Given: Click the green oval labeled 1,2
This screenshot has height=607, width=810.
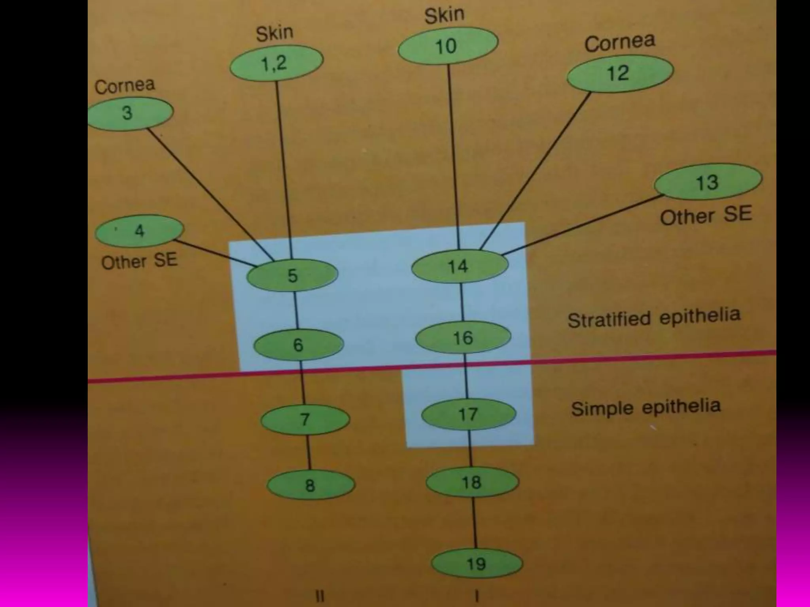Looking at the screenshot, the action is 276,63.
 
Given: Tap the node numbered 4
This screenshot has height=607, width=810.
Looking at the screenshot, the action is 139,230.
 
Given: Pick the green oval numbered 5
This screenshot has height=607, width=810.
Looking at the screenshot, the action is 292,275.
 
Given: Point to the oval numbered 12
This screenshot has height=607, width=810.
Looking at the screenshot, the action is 619,73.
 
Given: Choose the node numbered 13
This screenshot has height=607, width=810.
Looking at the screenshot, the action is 708,182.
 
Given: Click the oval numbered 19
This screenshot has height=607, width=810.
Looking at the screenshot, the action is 477,564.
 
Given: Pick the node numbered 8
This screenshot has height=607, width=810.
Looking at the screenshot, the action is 311,485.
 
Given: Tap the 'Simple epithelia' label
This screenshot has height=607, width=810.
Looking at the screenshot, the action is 645,407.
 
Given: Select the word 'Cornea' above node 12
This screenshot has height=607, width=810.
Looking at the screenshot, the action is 619,42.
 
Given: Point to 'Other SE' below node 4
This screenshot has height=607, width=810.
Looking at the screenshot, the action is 139,261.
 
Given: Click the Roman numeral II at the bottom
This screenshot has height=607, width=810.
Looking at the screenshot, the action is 320,596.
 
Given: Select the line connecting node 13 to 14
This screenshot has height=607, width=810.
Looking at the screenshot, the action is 581,224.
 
